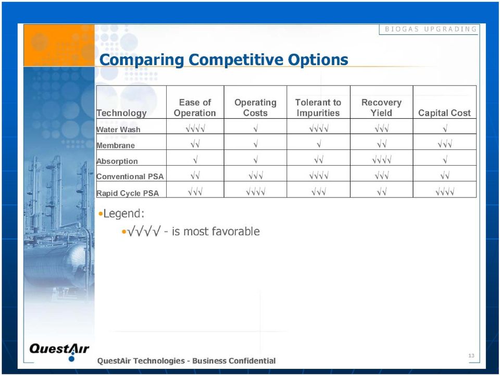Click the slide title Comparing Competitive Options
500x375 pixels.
click(223, 60)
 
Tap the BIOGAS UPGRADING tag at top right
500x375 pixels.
click(431, 29)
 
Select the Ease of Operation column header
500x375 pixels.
click(195, 107)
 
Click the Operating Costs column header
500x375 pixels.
click(255, 107)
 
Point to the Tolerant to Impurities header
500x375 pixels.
click(318, 107)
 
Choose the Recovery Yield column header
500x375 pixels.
click(381, 107)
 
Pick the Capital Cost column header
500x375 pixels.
click(444, 113)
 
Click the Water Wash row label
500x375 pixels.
click(118, 130)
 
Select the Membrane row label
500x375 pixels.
click(116, 145)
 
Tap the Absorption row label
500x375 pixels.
click(117, 161)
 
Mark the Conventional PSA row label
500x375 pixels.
click(130, 177)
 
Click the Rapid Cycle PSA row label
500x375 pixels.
click(128, 193)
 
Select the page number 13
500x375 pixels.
click(471, 356)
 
